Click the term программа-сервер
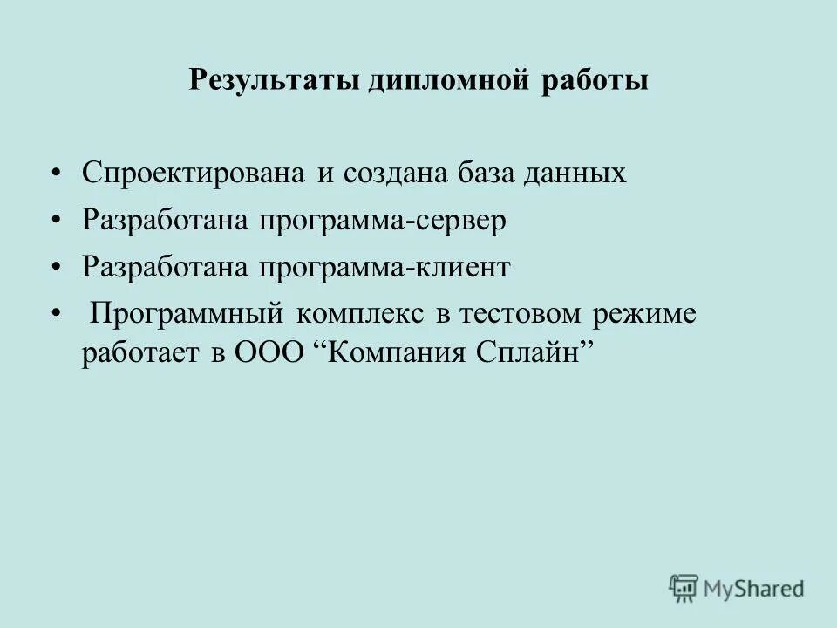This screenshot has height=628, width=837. pos(381,221)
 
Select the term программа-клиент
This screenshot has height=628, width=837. pos(383,268)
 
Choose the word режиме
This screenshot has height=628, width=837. pos(643,314)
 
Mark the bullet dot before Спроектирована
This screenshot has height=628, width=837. pos(57,173)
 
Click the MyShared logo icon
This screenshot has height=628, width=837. pos(684,588)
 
